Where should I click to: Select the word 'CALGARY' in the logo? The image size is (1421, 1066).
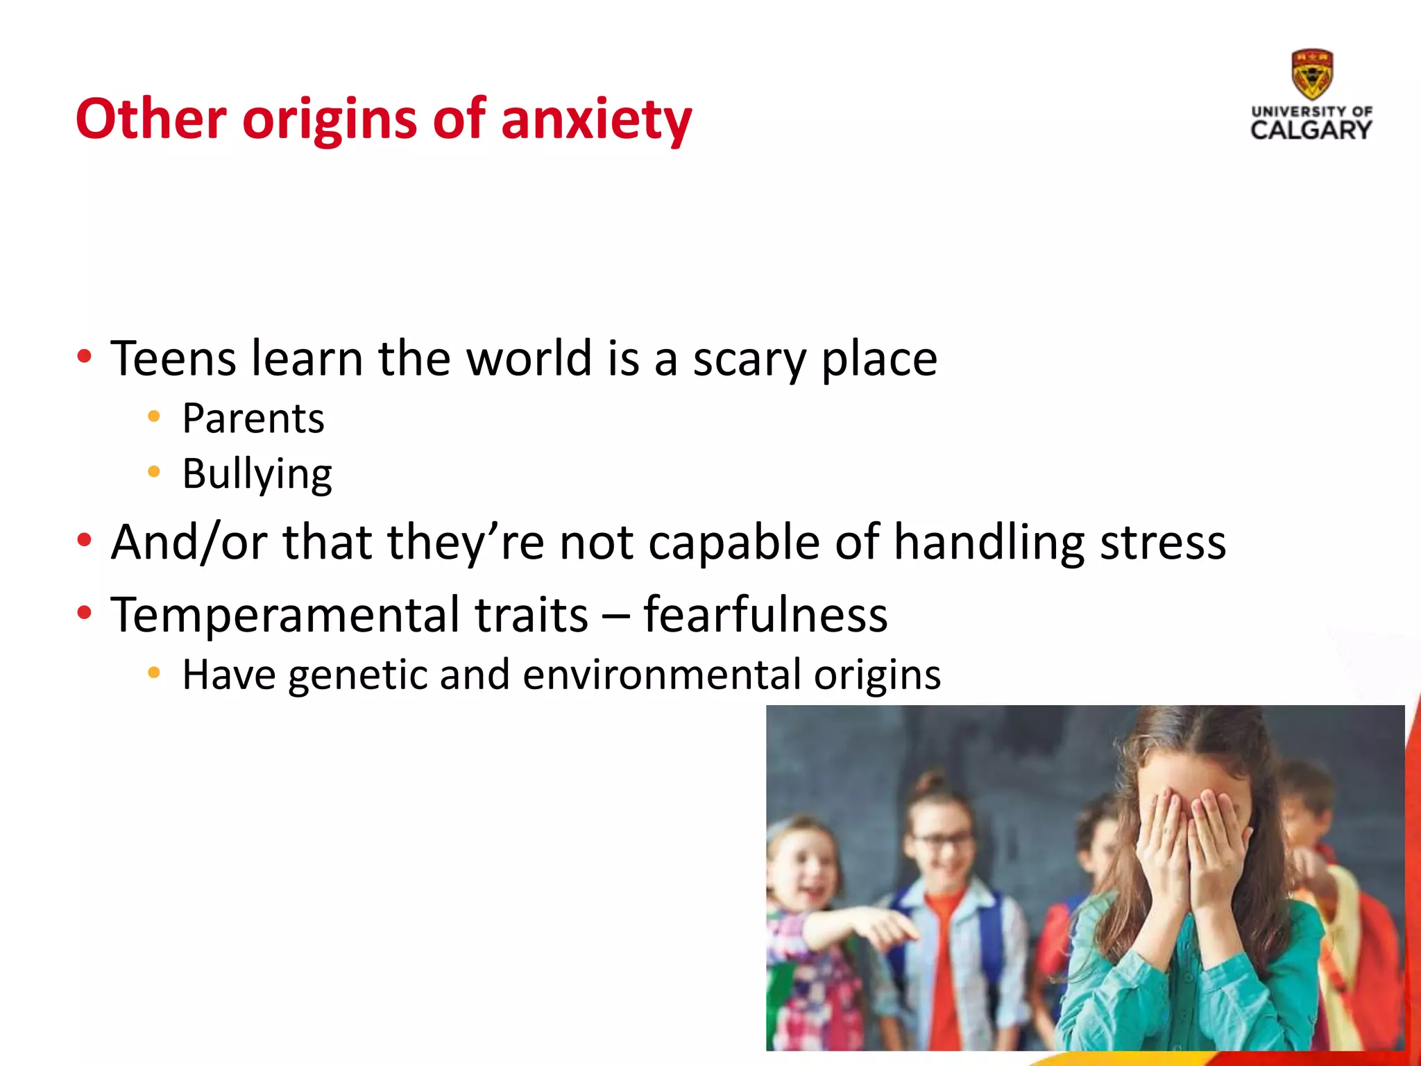click(x=1311, y=130)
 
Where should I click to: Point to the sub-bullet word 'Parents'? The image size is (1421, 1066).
click(x=253, y=418)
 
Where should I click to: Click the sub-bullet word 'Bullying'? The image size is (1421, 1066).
click(x=257, y=475)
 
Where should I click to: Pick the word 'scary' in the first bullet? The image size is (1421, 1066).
click(x=749, y=360)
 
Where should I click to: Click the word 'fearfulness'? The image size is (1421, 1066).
click(x=765, y=615)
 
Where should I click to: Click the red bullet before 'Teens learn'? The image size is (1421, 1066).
click(x=85, y=357)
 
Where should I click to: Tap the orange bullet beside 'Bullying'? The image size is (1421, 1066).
click(x=154, y=472)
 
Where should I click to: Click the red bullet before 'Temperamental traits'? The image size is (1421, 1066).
click(x=85, y=613)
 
